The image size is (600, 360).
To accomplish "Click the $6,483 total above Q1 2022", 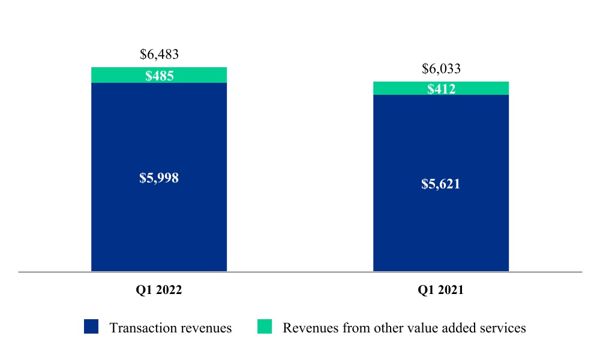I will click(159, 55).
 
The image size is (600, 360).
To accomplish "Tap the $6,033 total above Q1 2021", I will click(441, 69).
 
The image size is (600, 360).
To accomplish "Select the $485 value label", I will click(159, 76).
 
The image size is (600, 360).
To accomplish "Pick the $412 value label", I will click(441, 89).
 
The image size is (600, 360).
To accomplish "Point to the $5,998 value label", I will click(159, 178).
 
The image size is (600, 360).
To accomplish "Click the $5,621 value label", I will click(441, 184).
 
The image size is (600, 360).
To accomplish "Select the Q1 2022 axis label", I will click(159, 290).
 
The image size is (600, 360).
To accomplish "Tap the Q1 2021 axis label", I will click(441, 290).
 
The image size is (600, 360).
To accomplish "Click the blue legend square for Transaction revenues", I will click(91, 326).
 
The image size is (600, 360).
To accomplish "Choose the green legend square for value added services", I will click(265, 326).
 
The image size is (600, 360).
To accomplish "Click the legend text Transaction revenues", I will click(170, 328).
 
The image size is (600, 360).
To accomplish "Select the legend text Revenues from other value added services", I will click(404, 328).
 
